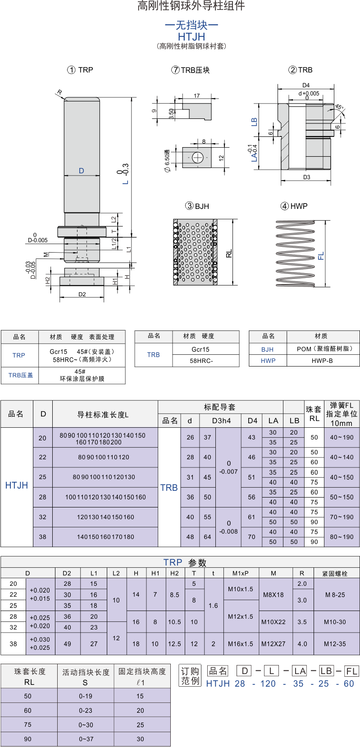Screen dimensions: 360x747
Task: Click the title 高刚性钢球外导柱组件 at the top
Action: coord(191,6)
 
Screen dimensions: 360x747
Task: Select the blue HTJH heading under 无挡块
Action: coord(191,36)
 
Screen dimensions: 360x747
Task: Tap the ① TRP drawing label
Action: coord(80,70)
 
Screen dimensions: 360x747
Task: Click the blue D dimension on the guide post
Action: coord(82,171)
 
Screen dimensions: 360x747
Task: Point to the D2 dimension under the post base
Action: coord(82,294)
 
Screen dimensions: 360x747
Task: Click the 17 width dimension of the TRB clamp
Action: coord(197,96)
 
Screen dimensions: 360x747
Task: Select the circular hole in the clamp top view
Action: coord(197,158)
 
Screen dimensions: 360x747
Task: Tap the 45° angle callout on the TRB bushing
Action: coord(339,107)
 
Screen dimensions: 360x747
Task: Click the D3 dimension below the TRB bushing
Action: coord(307,177)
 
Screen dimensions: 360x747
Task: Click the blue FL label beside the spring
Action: coord(321,256)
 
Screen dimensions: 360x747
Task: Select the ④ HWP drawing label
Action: coord(294,206)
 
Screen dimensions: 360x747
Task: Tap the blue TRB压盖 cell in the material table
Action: coord(21,375)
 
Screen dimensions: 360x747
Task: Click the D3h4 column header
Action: coord(222,421)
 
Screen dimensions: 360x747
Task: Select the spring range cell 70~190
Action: coord(342,517)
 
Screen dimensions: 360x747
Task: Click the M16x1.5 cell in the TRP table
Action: coord(241,643)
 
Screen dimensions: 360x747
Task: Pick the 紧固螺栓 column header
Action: coord(335,574)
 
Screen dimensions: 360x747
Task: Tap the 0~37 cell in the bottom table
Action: coord(86,739)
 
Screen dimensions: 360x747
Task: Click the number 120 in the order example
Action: coord(268,684)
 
